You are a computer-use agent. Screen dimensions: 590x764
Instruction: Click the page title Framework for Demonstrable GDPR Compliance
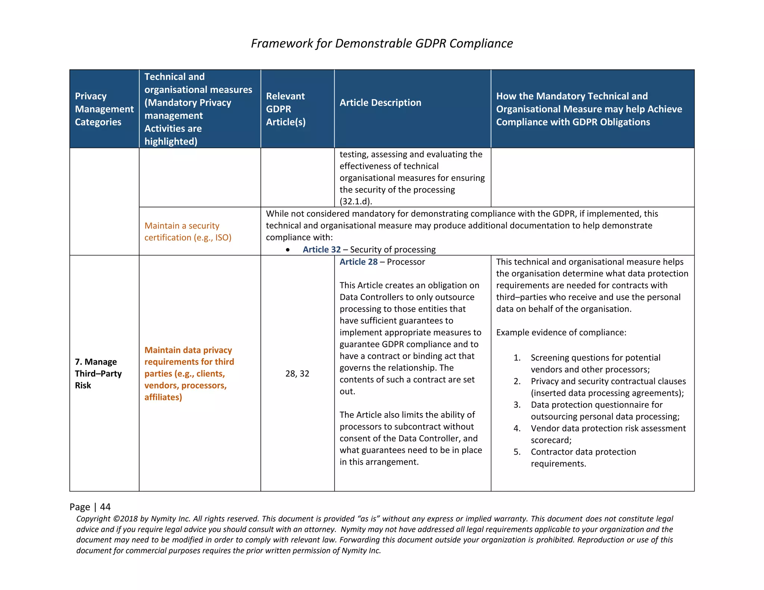[382, 43]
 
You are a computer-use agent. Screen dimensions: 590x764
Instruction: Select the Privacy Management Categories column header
[104, 109]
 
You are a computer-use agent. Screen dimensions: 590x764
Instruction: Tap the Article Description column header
[380, 103]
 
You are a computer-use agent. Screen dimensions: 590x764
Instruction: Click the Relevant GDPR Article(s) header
[286, 109]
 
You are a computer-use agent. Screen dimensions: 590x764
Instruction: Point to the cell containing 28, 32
[297, 374]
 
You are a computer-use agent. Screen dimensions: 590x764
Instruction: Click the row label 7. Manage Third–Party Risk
[98, 373]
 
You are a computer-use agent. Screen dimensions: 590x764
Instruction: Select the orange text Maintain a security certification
[188, 232]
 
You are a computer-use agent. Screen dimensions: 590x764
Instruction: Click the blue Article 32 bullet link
[322, 250]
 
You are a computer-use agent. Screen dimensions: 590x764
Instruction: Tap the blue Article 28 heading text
[358, 262]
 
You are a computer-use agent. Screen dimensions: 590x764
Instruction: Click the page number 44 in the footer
[105, 507]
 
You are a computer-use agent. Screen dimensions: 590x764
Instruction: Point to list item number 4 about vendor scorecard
[608, 434]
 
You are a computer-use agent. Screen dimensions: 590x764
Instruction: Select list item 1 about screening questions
[595, 364]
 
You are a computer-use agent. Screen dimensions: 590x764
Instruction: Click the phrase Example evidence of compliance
[561, 332]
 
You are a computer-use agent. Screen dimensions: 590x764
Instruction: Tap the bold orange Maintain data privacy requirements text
[189, 373]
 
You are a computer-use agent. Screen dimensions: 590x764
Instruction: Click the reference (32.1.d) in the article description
[356, 201]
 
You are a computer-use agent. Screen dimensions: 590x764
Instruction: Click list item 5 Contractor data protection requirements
[583, 458]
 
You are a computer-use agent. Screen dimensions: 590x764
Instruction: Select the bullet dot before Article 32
[288, 250]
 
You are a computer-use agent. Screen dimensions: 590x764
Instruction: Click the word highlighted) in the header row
[170, 141]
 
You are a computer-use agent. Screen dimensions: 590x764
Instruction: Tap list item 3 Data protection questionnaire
[605, 411]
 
